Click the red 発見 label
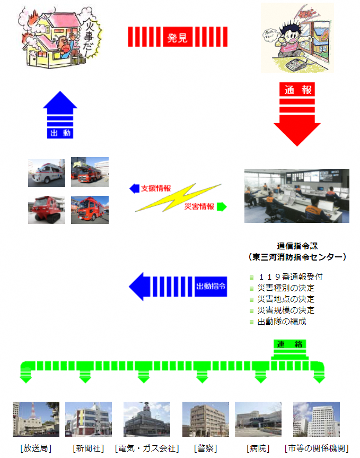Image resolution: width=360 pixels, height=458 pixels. coord(178,37)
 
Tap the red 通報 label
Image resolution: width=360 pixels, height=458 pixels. coord(297,90)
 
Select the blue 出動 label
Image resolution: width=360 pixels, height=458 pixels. coord(60,133)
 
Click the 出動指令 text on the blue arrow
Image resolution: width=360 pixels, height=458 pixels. coord(211,286)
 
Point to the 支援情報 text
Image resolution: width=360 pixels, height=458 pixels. coord(156,188)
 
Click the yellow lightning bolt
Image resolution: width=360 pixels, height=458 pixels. coord(178,197)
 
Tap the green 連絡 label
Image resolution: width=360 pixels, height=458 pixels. coord(289,344)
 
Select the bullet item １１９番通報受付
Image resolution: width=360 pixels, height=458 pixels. coord(289,276)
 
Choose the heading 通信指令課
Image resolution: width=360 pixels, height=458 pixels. coord(296,246)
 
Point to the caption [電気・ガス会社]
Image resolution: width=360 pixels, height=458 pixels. coord(147,448)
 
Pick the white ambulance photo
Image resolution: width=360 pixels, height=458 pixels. coord(47,172)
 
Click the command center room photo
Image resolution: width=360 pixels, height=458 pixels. coord(296,195)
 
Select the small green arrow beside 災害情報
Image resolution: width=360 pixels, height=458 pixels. coord(222,206)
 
